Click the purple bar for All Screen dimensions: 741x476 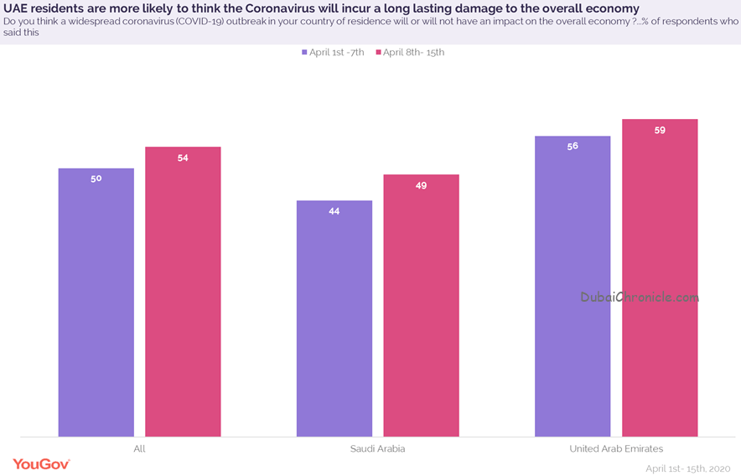(x=96, y=303)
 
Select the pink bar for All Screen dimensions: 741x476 (x=183, y=292)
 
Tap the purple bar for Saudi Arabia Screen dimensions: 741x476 (x=334, y=318)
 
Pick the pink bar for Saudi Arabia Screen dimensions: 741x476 (x=421, y=305)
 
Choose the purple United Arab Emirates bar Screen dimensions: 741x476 (x=573, y=287)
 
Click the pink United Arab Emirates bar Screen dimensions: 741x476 (x=660, y=278)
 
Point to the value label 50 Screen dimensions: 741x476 (x=96, y=178)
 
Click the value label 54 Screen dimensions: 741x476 (x=183, y=158)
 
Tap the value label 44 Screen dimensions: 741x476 (x=334, y=211)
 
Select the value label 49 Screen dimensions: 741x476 (x=421, y=186)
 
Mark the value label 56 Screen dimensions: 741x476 (x=573, y=147)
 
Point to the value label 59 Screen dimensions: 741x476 (x=660, y=130)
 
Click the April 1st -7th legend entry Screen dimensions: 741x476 (x=333, y=53)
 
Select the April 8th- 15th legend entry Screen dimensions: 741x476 (x=410, y=53)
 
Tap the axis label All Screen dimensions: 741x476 (x=139, y=448)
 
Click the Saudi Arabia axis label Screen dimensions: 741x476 (x=377, y=448)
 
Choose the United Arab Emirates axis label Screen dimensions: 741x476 (x=616, y=448)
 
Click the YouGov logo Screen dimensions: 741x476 (x=42, y=464)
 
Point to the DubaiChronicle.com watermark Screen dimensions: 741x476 (x=640, y=297)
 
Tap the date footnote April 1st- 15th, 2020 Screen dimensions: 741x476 (x=688, y=469)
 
